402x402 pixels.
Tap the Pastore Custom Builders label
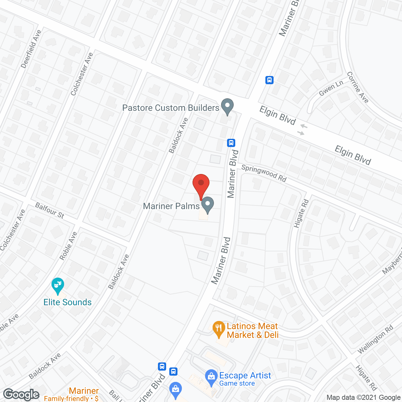(x=171, y=108)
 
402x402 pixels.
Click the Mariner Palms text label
(x=171, y=206)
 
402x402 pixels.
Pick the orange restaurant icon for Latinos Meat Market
(x=219, y=329)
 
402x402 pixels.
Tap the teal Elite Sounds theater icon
(x=58, y=285)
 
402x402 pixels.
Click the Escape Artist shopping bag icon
(x=211, y=377)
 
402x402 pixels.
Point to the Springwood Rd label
(x=264, y=173)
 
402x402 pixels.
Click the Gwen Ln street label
(x=331, y=89)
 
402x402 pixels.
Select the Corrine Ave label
(x=358, y=87)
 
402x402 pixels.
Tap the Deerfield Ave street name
(x=31, y=49)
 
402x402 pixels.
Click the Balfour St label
(x=50, y=210)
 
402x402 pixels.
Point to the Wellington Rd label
(x=375, y=340)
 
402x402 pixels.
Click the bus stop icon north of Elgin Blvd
(x=269, y=80)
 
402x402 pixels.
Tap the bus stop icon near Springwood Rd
(x=231, y=143)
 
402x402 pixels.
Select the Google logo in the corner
(x=21, y=394)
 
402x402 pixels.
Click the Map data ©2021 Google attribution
(x=363, y=397)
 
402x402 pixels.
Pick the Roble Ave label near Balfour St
(x=68, y=246)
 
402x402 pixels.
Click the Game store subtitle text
(x=237, y=383)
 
